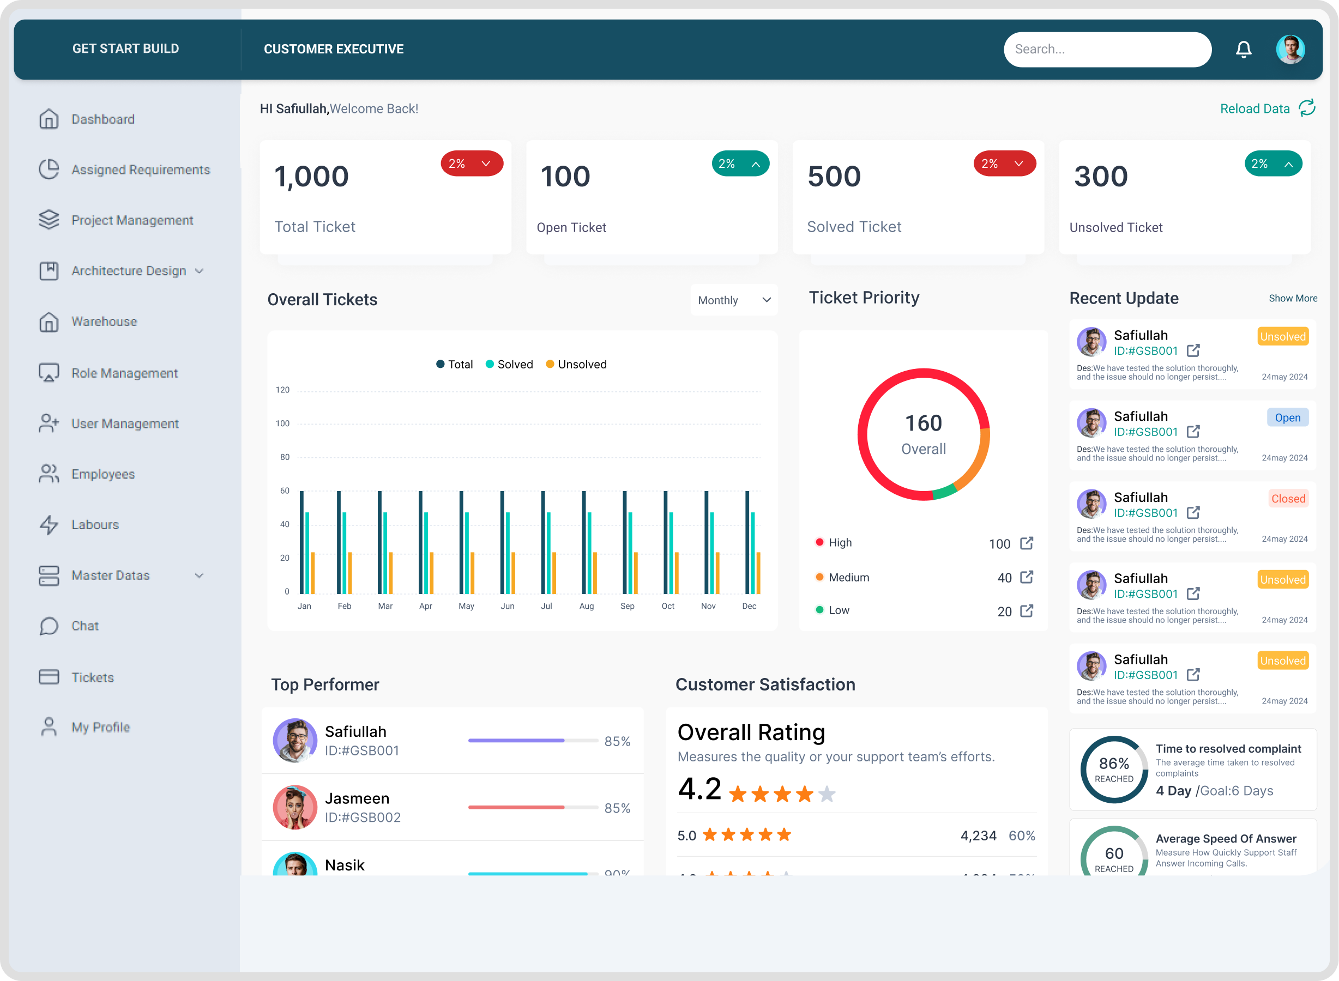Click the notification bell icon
[x=1244, y=49]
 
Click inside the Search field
[x=1107, y=49]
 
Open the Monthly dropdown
[x=734, y=300]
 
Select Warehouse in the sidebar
[x=104, y=321]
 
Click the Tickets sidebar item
[x=92, y=677]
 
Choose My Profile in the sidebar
[x=100, y=727]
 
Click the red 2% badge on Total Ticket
[x=471, y=163]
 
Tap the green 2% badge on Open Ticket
[x=740, y=163]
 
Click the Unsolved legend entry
[x=576, y=364]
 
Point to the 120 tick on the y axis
[x=283, y=390]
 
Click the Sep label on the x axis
[x=627, y=605]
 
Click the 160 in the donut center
[x=923, y=423]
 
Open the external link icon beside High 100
[x=1026, y=543]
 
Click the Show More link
[x=1293, y=298]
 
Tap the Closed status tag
[x=1287, y=499]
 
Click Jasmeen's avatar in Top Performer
[x=294, y=807]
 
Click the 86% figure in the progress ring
[x=1113, y=763]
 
